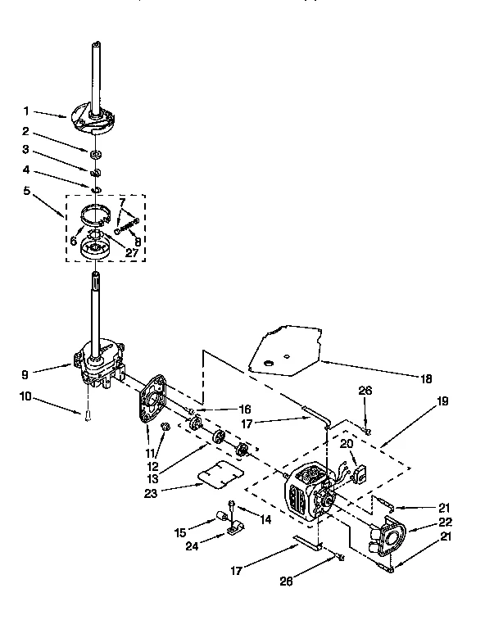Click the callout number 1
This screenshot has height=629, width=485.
click(27, 111)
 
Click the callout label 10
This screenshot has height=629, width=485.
click(27, 398)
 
